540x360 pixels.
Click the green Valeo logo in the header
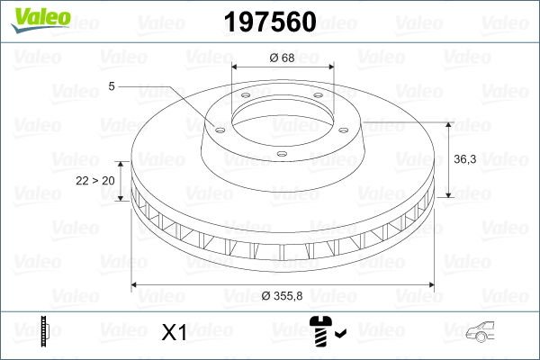coord(37,17)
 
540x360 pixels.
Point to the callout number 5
coord(112,86)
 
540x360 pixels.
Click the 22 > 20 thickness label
coord(95,181)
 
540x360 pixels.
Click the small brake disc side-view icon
coord(45,333)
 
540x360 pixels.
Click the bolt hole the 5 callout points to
coord(216,127)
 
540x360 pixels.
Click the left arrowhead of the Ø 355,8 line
coord(137,285)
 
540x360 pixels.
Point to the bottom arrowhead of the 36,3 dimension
coord(447,194)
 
